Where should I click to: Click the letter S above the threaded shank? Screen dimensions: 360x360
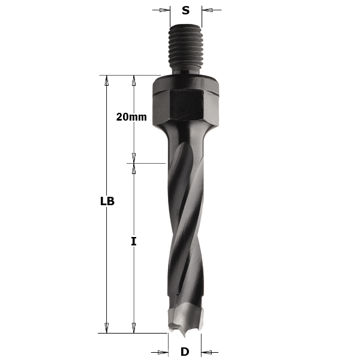[185, 10]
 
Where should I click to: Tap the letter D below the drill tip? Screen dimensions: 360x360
[185, 352]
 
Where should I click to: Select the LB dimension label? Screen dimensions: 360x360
[107, 202]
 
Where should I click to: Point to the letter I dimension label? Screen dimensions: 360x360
[134, 241]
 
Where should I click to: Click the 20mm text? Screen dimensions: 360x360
[131, 118]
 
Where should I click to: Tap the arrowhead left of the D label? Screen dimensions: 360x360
[163, 352]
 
